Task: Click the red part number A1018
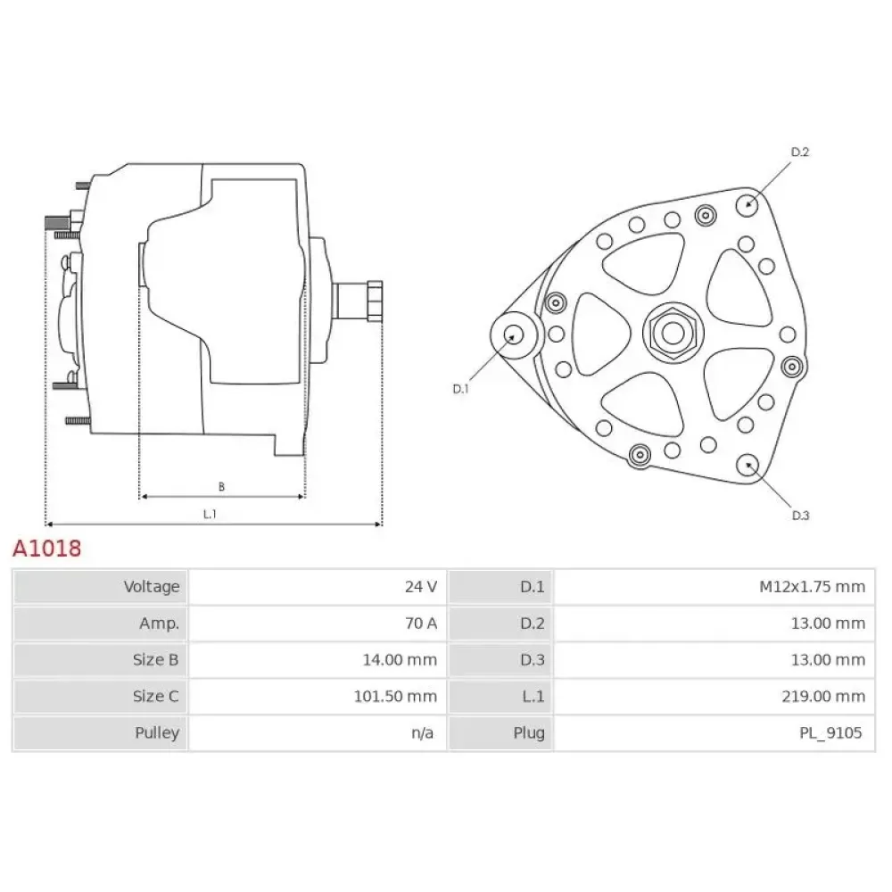point(47,549)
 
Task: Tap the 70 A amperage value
point(421,624)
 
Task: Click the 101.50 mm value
point(395,697)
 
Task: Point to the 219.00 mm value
point(823,697)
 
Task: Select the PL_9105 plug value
point(830,732)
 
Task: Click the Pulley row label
point(157,732)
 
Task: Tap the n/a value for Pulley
point(422,732)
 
